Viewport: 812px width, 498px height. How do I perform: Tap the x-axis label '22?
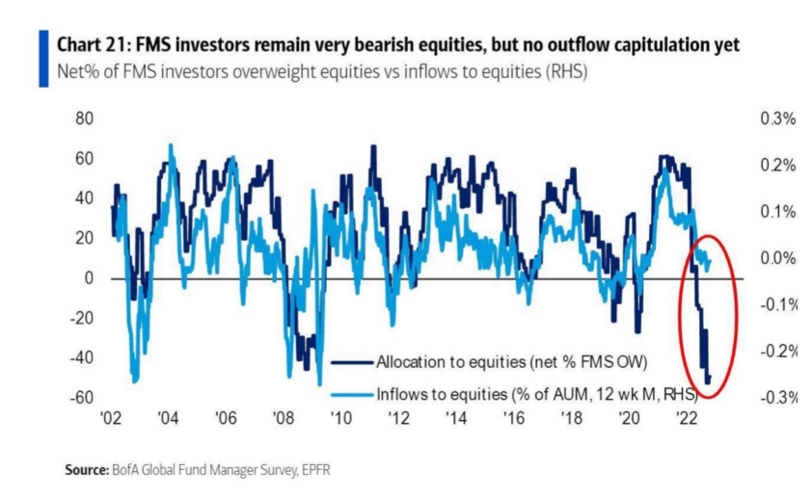688,420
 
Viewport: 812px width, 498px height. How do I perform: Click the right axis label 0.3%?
777,119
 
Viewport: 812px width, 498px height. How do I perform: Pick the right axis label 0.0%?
777,258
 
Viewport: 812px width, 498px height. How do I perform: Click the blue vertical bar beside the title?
43,59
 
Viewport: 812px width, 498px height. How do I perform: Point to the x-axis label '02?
110,420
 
